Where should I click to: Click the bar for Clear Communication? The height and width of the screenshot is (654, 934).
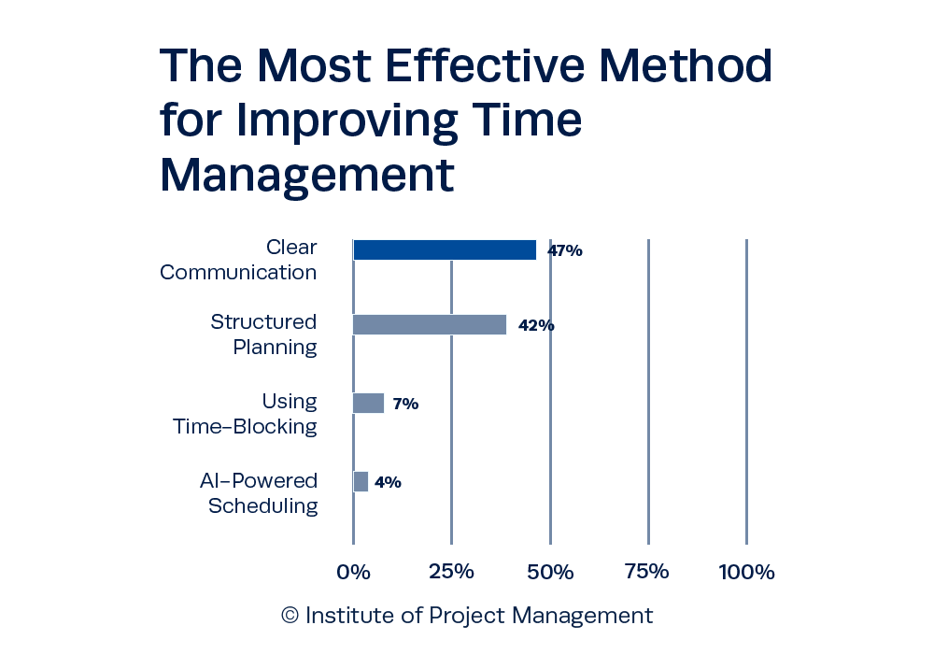444,250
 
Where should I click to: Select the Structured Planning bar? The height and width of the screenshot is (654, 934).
429,324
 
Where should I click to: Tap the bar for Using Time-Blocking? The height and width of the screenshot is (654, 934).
368,404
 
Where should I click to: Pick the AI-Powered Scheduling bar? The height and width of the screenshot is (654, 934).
361,481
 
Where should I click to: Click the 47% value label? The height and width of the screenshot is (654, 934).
565,250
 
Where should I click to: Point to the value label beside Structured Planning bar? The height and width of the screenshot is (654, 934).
536,325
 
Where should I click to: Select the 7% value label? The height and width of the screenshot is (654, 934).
404,405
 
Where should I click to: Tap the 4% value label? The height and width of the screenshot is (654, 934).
388,482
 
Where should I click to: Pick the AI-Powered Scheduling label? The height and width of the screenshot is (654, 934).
261,493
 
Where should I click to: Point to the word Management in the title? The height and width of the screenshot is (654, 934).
306,175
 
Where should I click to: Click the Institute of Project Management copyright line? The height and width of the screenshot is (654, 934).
467,617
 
